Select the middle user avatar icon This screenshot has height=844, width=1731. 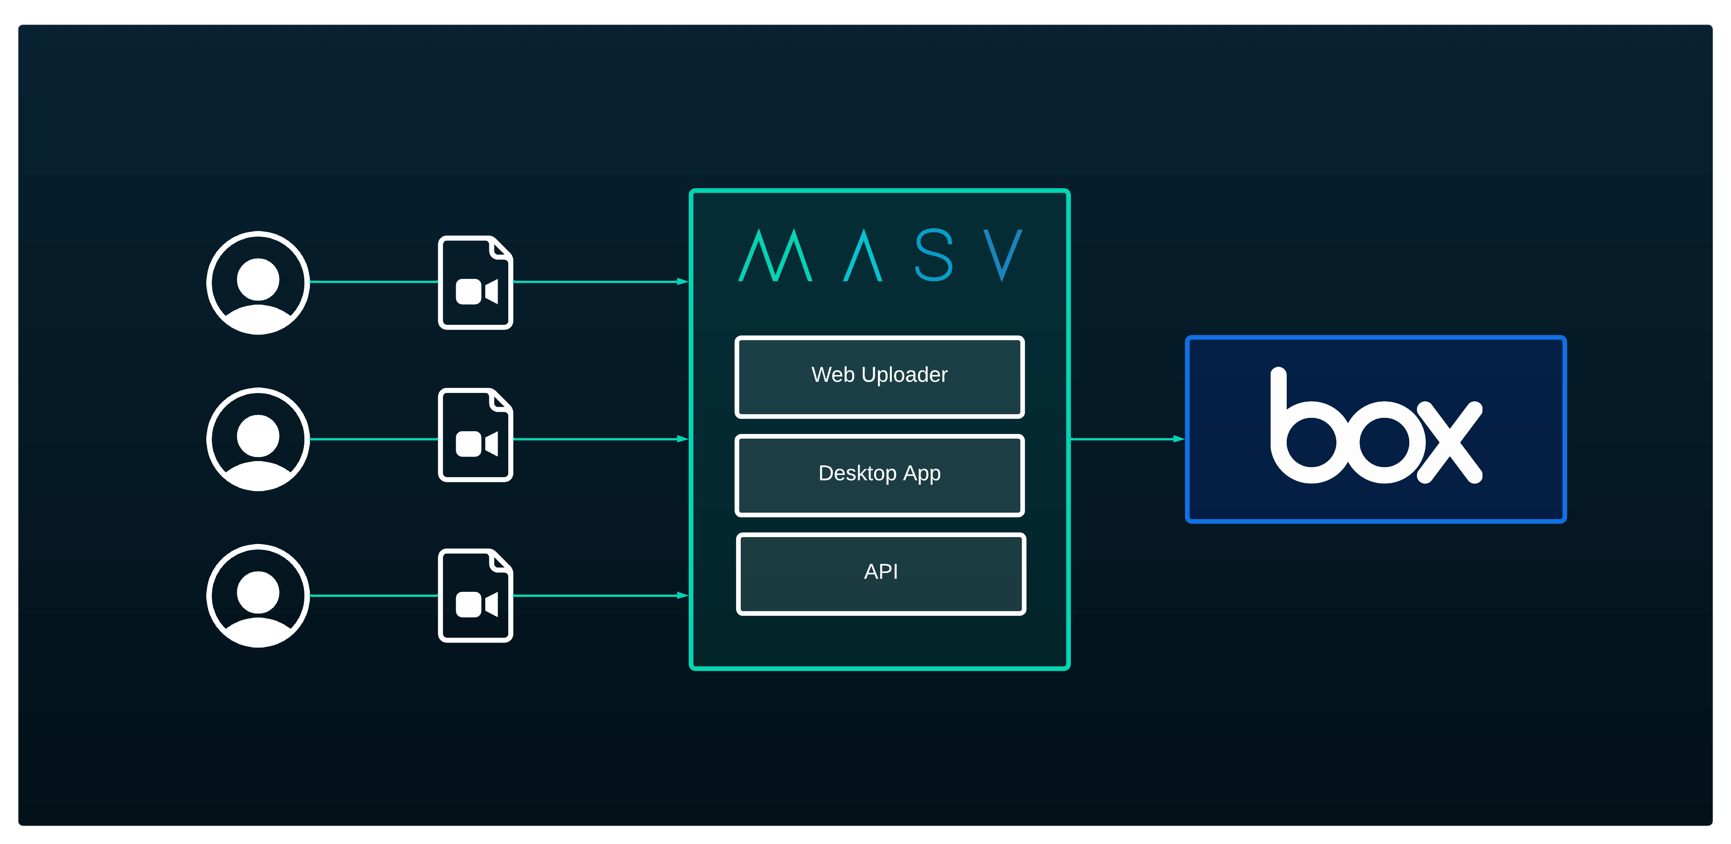tap(258, 439)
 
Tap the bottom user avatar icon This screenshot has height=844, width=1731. tap(258, 596)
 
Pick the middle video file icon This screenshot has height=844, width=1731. tap(476, 435)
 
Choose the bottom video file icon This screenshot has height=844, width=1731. tap(476, 596)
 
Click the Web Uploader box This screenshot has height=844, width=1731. tap(880, 377)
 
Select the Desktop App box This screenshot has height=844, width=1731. tap(880, 475)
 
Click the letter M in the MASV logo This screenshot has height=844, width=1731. tap(775, 257)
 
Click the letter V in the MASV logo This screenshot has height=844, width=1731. tap(1003, 254)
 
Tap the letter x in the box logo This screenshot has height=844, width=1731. tap(1450, 441)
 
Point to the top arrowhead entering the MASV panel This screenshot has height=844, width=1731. tap(682, 282)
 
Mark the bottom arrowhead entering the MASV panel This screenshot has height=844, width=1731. tap(682, 595)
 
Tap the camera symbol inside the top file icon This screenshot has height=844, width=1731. tap(476, 292)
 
